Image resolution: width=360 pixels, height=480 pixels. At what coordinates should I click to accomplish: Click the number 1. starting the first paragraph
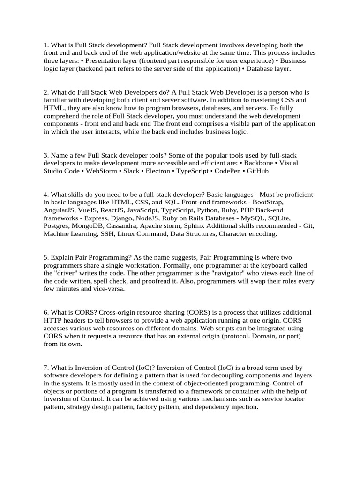click(46, 45)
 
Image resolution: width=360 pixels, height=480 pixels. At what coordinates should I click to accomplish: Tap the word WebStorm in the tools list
click(103, 171)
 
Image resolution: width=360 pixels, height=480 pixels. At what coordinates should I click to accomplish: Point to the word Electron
click(158, 171)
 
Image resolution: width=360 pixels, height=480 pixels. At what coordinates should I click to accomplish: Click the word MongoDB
click(91, 226)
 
